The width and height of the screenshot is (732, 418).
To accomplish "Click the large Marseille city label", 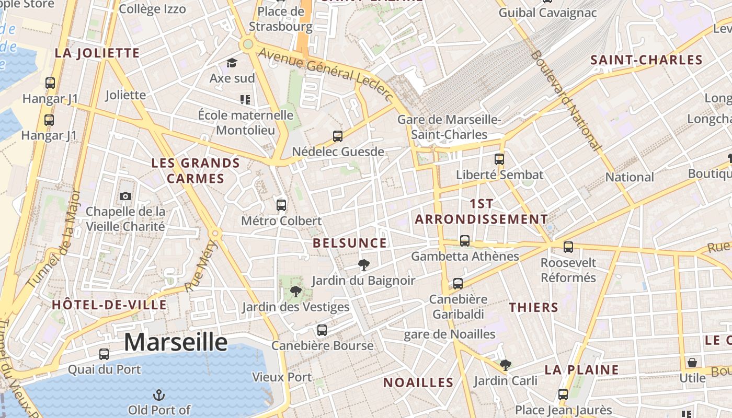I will (176, 342).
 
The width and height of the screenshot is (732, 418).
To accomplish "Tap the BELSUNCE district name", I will (350, 243).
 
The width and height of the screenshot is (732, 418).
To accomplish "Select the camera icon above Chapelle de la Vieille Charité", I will (125, 196).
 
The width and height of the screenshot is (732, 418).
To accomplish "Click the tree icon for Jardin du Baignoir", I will (363, 265).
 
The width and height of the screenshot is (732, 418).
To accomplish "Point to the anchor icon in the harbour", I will (158, 395).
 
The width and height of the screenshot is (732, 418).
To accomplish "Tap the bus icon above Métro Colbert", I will (281, 205).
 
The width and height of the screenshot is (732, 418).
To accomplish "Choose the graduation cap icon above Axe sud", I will (232, 63).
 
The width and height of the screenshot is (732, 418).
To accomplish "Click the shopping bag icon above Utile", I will (692, 362).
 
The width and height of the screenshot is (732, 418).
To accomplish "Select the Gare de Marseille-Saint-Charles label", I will (450, 127).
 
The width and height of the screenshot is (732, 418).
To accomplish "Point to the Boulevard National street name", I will (565, 99).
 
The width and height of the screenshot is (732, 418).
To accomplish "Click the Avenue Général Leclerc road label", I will (325, 73).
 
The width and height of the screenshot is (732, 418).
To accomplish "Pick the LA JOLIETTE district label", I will (97, 53).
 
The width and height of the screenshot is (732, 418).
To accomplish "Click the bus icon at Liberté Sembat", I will (499, 159).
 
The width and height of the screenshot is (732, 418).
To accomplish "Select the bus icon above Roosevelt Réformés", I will (568, 247).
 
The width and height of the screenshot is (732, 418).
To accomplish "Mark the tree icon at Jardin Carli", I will (505, 365).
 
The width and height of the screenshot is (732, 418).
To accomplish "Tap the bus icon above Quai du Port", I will (104, 354).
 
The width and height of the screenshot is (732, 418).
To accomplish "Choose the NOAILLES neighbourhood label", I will (418, 382).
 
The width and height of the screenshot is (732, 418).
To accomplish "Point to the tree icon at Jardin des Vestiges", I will (296, 291).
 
